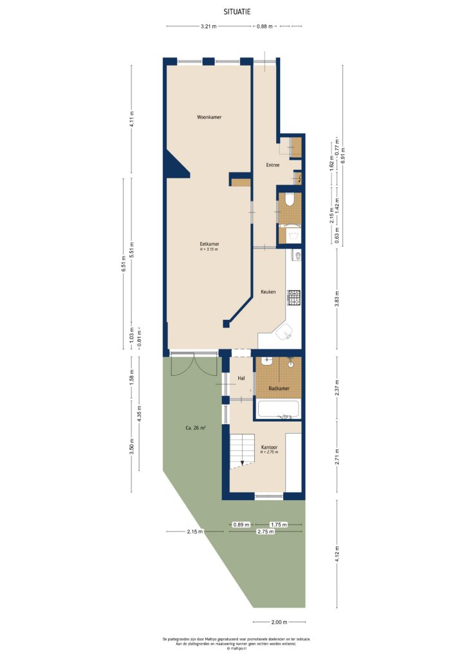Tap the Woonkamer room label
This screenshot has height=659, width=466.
click(209, 117)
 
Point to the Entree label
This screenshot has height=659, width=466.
click(272, 165)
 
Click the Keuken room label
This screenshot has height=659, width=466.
click(268, 292)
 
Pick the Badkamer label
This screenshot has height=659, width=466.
click(278, 389)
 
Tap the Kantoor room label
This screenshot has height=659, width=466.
click(269, 447)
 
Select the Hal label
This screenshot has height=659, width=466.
click(241, 378)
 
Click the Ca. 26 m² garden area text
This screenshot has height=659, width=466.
click(194, 427)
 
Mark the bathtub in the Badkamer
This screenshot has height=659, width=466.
click(277, 409)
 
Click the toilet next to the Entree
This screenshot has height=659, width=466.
click(290, 200)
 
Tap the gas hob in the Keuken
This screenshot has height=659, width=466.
click(294, 297)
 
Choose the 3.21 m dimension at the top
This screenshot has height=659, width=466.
click(208, 26)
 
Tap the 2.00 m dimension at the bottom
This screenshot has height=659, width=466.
click(278, 622)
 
